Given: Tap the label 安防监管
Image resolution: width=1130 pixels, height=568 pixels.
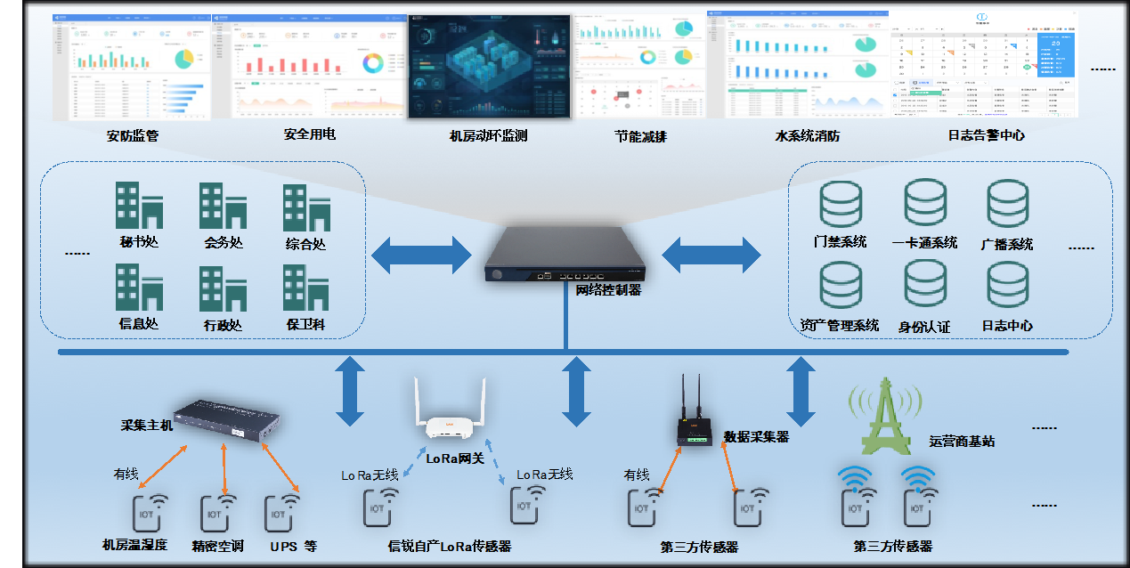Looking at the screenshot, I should tap(133, 136).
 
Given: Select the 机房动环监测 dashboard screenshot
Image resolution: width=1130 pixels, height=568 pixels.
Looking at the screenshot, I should tap(489, 67).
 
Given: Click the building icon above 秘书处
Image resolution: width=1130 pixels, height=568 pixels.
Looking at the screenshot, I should tap(139, 206).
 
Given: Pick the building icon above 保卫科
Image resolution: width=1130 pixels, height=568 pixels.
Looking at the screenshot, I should tap(306, 288).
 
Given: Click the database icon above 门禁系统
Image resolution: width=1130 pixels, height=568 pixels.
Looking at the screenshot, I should tap(840, 204).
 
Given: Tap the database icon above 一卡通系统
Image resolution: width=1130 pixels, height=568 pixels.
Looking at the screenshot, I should tap(924, 203).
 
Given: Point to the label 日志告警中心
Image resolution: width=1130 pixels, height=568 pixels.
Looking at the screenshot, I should tap(986, 136).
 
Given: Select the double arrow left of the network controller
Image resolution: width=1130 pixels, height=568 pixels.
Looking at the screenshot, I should tap(420, 256).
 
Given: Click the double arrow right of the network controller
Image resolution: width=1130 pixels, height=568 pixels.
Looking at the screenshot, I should tap(711, 256).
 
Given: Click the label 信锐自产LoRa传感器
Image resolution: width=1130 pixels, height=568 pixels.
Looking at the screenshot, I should tap(450, 546).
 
